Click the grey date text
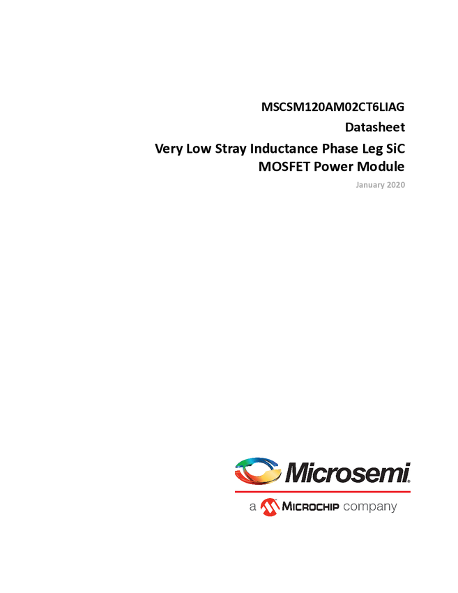381,185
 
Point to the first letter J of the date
357,185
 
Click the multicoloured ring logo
257,471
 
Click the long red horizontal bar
322,492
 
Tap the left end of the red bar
235,492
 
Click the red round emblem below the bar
269,507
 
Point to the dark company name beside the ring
349,473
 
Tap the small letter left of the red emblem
254,508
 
